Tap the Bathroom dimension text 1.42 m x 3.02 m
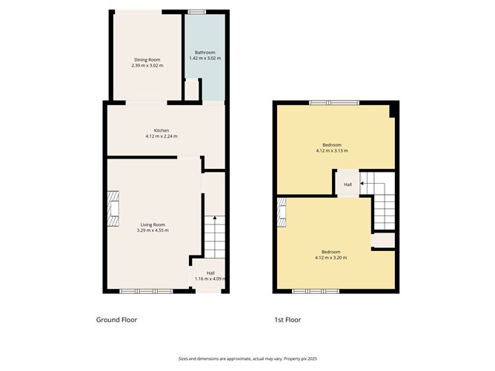[205, 59]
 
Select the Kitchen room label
[161, 130]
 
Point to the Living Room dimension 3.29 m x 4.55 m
[153, 230]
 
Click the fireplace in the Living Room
[113, 208]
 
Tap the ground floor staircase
[213, 235]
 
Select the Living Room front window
[146, 291]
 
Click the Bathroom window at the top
[196, 12]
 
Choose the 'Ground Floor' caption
[116, 320]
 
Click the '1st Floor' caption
[288, 320]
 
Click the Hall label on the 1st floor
[348, 184]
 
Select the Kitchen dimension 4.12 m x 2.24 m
[161, 136]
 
